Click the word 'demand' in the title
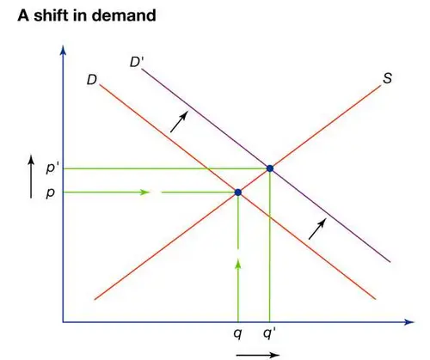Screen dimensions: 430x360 124,15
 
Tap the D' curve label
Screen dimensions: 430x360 136,62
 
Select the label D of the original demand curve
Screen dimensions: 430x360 92,80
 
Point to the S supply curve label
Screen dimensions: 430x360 387,78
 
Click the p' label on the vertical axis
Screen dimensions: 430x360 51,168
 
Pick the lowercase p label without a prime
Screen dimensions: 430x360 50,193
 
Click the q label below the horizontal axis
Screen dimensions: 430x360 237,333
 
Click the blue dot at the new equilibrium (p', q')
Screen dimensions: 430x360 270,168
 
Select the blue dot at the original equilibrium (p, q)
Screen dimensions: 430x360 238,192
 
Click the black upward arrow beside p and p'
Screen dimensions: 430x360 31,176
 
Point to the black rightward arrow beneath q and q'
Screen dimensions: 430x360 258,355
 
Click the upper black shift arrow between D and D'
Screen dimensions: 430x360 179,122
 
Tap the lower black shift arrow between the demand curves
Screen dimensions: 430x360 317,229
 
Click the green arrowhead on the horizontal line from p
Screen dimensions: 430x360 144,192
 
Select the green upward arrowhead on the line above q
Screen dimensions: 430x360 238,264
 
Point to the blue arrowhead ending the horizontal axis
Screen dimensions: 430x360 409,322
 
